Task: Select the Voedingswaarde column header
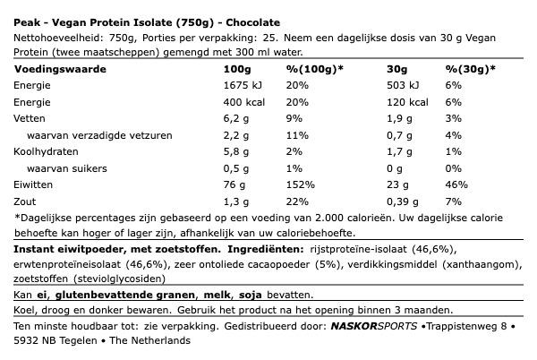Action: pos(54,69)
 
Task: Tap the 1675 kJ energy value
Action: pos(247,85)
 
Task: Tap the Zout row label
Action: pos(25,203)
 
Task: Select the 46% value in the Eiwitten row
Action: pos(456,186)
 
